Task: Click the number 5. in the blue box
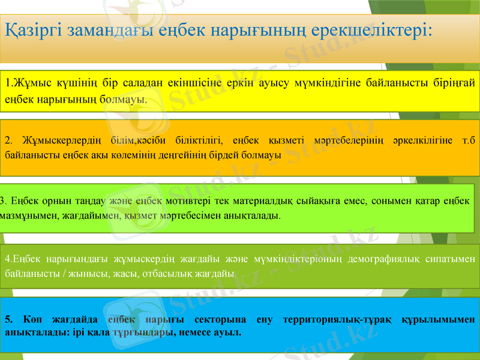coord(8,319)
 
